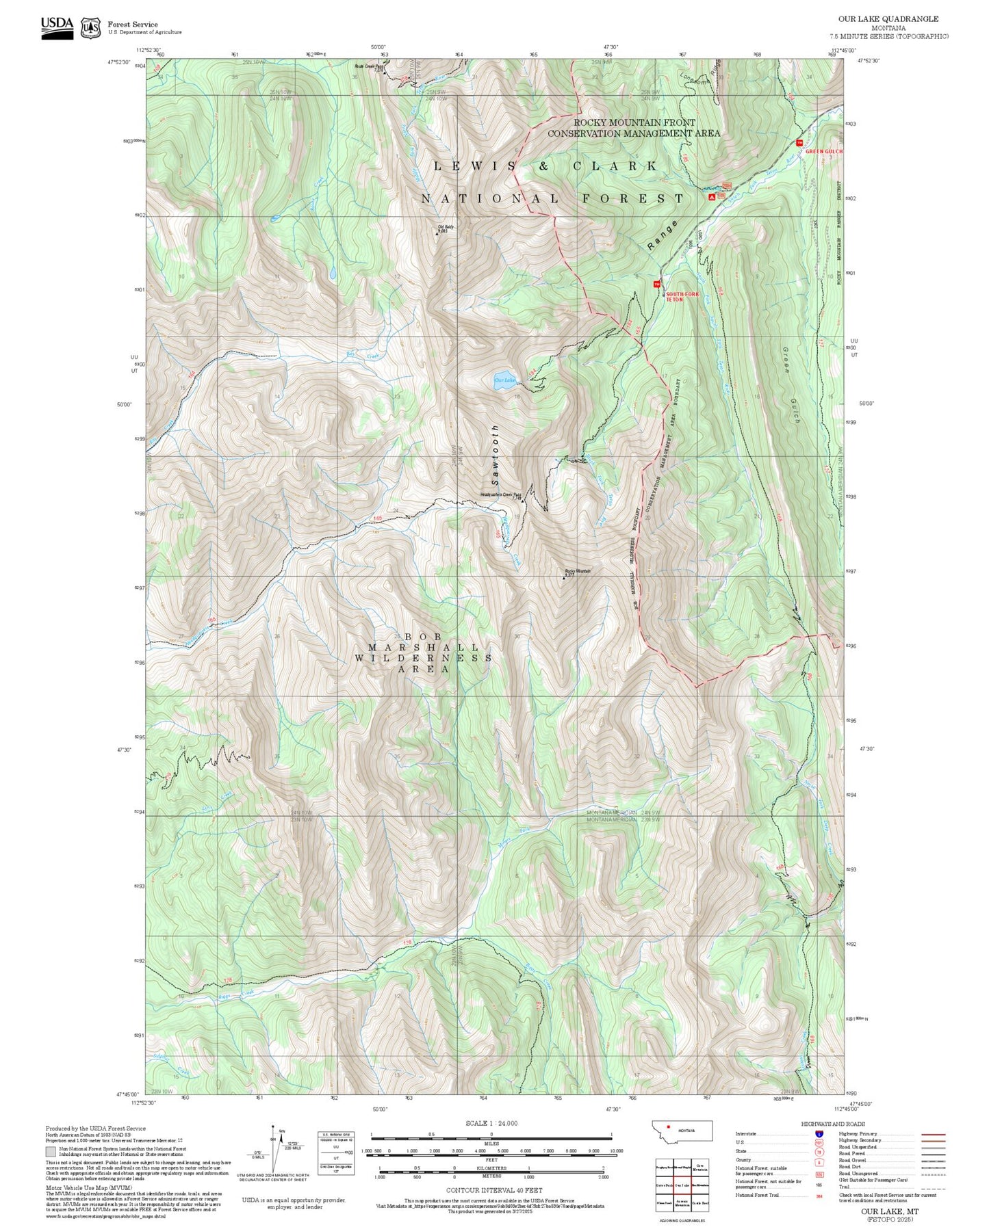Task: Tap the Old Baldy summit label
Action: [x=445, y=227]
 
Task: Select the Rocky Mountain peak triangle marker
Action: [x=564, y=578]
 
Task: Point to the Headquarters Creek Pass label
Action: [x=500, y=494]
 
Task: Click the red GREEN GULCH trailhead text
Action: [x=824, y=151]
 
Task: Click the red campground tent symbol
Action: [x=712, y=196]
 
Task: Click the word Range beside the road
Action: [x=663, y=235]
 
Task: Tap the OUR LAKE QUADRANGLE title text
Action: [x=888, y=19]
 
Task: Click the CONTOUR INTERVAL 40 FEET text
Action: [x=493, y=1190]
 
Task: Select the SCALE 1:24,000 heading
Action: [x=491, y=1124]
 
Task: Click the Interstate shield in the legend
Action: [x=819, y=1133]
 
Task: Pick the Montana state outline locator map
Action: [x=682, y=1131]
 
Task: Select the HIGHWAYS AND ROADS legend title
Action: [x=833, y=1124]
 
